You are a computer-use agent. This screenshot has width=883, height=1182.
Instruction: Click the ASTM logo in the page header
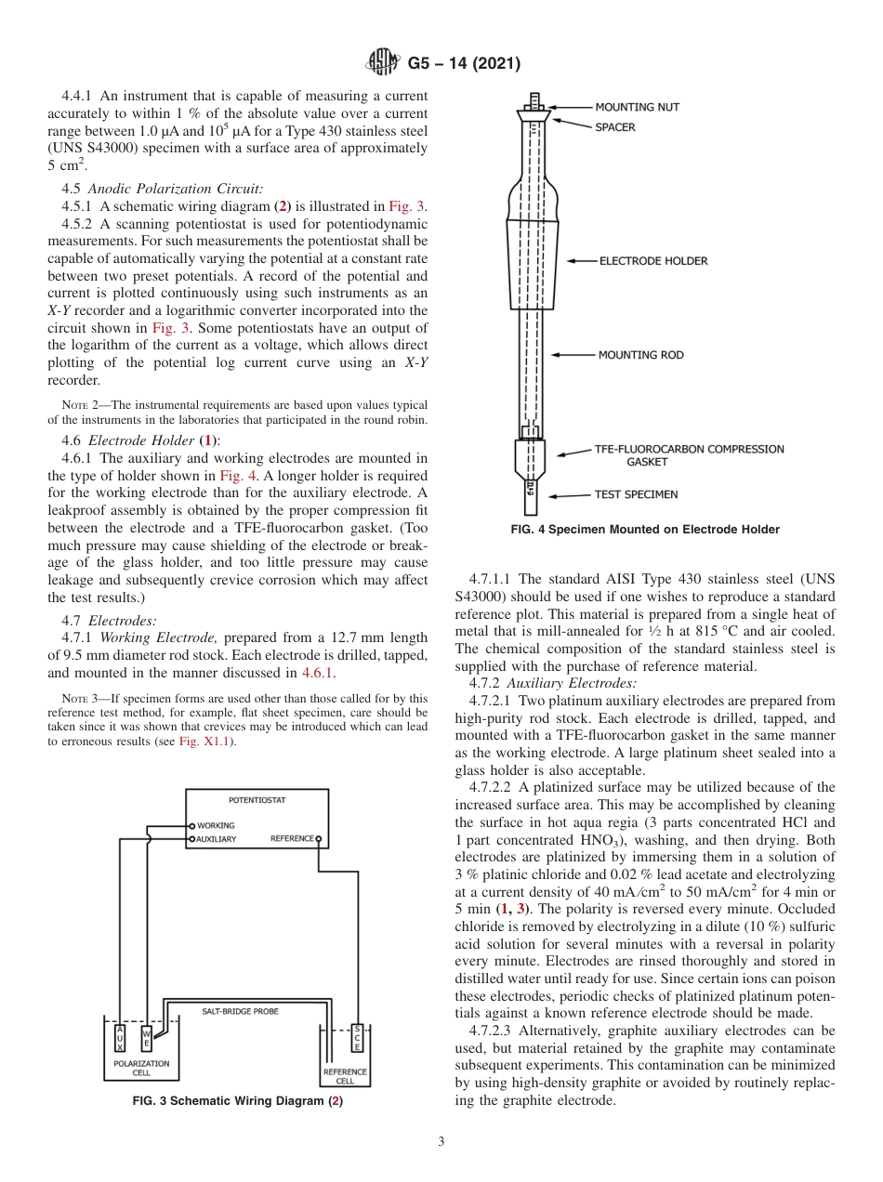(382, 63)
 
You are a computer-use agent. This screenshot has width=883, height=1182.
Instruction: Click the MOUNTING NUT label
(637, 107)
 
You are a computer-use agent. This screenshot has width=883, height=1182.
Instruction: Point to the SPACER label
(615, 127)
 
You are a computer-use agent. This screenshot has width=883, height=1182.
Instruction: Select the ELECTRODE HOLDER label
(652, 261)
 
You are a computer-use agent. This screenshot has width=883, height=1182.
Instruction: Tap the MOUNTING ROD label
(640, 354)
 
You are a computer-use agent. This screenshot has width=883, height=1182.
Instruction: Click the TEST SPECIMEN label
(637, 494)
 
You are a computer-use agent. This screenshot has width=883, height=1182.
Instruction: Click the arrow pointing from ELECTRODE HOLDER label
(581, 261)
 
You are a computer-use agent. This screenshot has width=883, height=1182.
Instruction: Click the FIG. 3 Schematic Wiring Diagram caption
(238, 1101)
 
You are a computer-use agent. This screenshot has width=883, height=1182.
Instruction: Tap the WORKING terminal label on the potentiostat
(215, 825)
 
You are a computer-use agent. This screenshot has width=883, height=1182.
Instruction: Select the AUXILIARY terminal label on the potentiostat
(217, 839)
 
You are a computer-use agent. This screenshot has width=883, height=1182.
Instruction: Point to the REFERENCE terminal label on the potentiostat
(291, 839)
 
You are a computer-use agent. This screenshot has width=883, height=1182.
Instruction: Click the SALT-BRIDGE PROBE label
(240, 1010)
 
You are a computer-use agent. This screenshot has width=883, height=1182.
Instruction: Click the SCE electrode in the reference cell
(357, 1037)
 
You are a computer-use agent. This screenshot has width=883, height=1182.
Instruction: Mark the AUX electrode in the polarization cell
(119, 1038)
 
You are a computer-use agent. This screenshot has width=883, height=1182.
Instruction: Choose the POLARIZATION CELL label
(141, 1068)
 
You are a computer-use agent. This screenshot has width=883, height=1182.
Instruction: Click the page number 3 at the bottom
(441, 1141)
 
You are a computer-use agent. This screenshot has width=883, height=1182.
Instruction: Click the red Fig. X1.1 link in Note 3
(207, 741)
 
